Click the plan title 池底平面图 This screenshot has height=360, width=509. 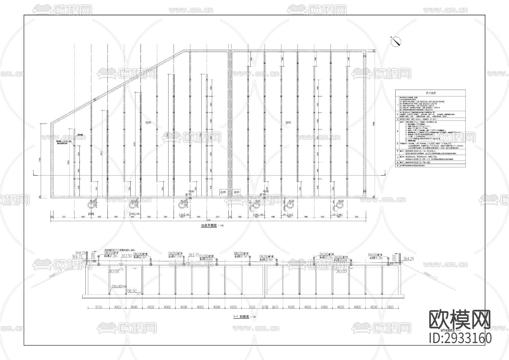click(x=209, y=226)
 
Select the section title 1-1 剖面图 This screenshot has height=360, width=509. click(x=241, y=317)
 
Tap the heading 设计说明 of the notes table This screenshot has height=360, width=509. click(x=431, y=93)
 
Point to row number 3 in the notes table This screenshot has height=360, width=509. click(x=397, y=119)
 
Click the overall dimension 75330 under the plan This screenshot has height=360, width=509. click(x=208, y=220)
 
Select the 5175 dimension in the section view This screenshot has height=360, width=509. click(x=99, y=307)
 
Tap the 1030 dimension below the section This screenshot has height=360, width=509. click(x=265, y=307)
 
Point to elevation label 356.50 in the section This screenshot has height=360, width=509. click(x=131, y=291)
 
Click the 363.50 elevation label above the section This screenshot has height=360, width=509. click(x=126, y=256)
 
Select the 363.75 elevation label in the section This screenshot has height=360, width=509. click(x=194, y=255)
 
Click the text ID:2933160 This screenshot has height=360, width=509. click(x=460, y=338)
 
